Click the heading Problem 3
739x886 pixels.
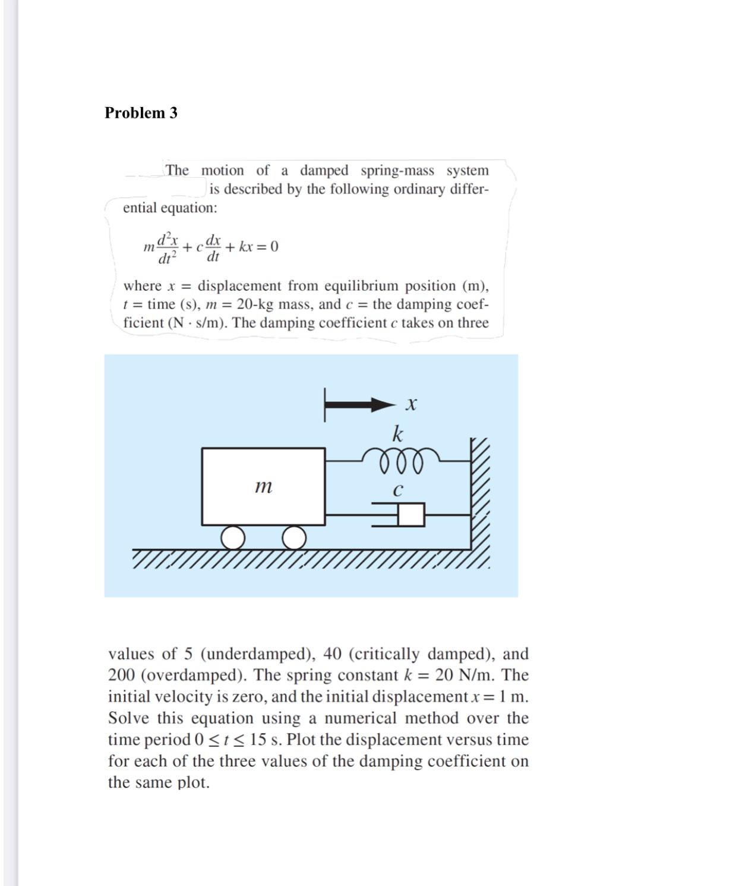[141, 113]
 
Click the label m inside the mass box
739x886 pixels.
[263, 487]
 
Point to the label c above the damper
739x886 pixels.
[398, 491]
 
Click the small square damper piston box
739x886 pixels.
[411, 515]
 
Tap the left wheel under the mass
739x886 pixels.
[233, 538]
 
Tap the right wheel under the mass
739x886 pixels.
[294, 538]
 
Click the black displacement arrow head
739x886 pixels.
[384, 406]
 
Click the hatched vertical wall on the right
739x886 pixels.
[480, 494]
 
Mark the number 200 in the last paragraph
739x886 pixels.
[122, 676]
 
